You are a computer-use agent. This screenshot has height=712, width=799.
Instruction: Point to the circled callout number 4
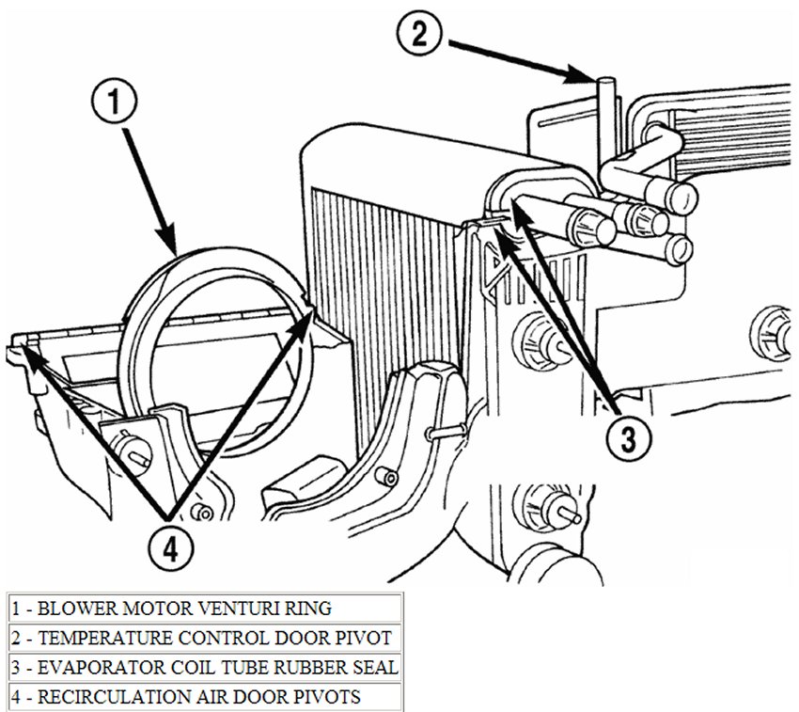(x=170, y=545)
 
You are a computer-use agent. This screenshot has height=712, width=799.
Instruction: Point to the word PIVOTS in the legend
(x=330, y=697)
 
